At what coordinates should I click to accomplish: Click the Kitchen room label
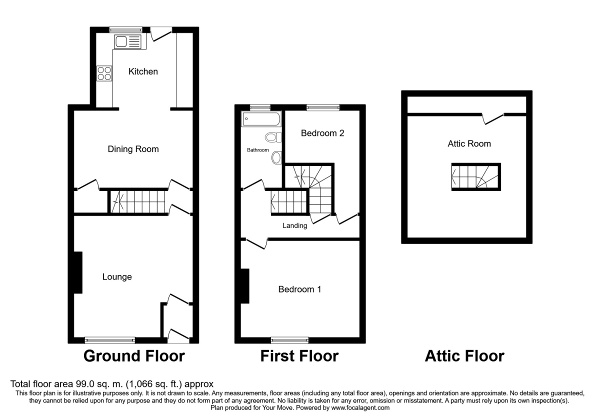(143, 71)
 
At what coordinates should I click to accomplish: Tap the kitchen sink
(128, 42)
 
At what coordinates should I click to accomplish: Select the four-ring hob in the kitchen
(104, 73)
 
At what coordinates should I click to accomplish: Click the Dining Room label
(133, 149)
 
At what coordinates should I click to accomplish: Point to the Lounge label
(117, 276)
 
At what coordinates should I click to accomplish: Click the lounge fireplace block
(78, 272)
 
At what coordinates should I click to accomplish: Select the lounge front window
(110, 340)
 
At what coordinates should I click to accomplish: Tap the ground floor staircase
(137, 201)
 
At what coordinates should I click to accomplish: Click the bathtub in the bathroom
(261, 119)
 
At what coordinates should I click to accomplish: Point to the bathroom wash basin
(276, 158)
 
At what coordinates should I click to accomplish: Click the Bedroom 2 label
(322, 133)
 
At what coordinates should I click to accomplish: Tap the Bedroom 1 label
(299, 289)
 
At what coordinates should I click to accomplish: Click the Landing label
(294, 225)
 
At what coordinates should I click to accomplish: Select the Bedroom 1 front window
(290, 340)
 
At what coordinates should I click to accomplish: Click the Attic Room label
(469, 143)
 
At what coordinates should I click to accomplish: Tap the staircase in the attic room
(475, 177)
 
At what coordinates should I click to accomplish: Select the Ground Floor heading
(133, 356)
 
